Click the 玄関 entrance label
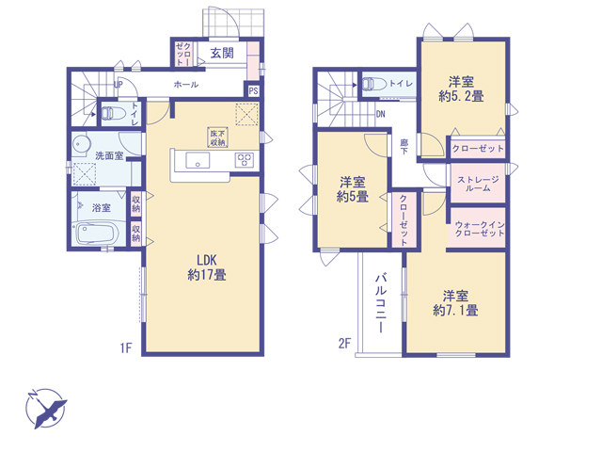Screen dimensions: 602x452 click(222, 53)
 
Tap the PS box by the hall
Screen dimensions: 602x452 click(253, 90)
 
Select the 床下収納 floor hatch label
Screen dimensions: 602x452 click(217, 137)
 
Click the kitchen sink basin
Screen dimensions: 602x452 click(198, 160)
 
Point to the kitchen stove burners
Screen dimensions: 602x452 click(245, 160)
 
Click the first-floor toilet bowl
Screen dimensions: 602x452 click(113, 113)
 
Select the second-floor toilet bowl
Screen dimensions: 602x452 click(374, 84)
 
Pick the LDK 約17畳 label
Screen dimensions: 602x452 click(207, 267)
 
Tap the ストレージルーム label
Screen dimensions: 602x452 click(478, 184)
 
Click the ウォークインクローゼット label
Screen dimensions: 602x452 click(480, 228)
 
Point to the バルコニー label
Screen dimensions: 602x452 click(381, 303)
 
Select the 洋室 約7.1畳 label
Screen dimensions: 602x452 click(455, 303)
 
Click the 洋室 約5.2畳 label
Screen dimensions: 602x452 click(461, 89)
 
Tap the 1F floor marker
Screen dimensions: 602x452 click(126, 347)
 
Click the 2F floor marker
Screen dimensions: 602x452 click(344, 343)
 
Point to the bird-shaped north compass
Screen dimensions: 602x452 click(46, 409)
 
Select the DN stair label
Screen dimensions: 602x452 click(380, 114)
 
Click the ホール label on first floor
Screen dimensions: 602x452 click(186, 84)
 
